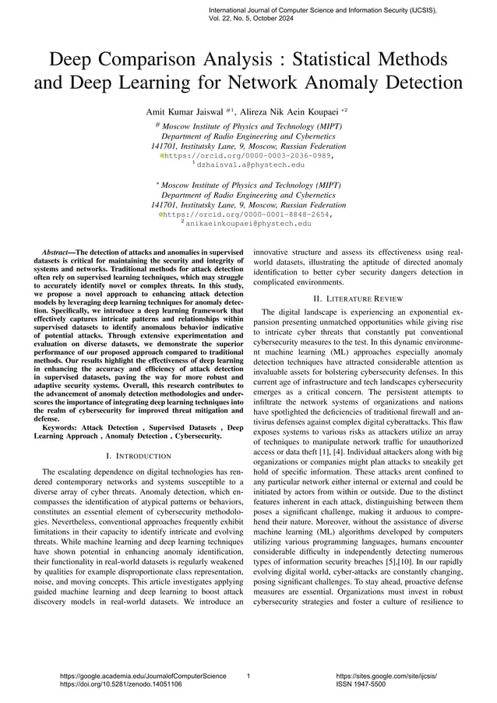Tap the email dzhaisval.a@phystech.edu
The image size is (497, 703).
point(250,165)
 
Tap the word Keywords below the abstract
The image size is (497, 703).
point(62,427)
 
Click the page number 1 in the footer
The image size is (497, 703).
point(248,676)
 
